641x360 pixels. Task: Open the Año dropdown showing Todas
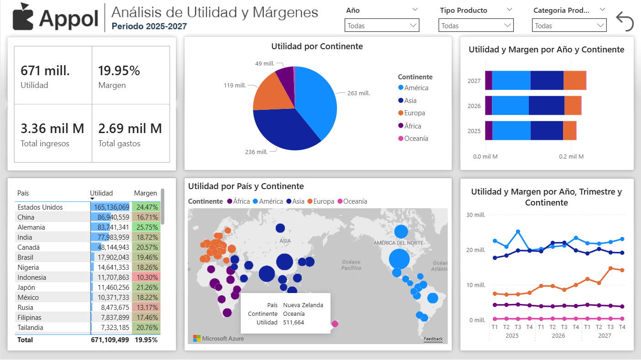point(382,26)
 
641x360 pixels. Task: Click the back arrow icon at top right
point(625,21)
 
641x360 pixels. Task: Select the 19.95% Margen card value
point(119,71)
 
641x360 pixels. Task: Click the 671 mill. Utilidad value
point(45,71)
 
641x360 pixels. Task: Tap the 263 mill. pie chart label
point(358,93)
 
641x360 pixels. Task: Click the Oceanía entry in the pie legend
point(416,139)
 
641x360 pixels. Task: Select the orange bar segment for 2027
point(574,81)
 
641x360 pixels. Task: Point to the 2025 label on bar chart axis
point(474,131)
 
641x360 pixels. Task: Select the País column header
point(23,193)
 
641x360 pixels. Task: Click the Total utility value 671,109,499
point(110,339)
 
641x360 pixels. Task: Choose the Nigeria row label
point(28,267)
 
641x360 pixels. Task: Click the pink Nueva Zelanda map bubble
point(335,324)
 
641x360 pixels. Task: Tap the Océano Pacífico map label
point(352,265)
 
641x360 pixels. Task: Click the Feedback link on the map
point(433,339)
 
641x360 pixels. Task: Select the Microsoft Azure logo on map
point(218,338)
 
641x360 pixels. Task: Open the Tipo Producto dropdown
point(476,26)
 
